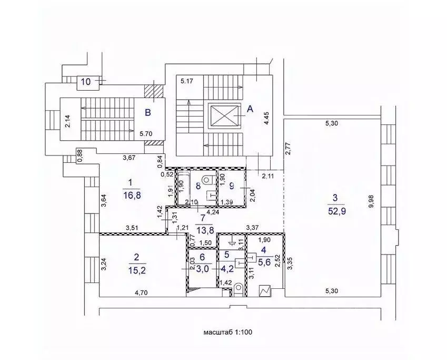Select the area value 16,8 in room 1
[130, 196]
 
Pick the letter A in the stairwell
[250, 109]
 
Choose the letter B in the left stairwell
[148, 112]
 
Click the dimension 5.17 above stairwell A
[187, 81]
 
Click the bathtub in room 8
[182, 186]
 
